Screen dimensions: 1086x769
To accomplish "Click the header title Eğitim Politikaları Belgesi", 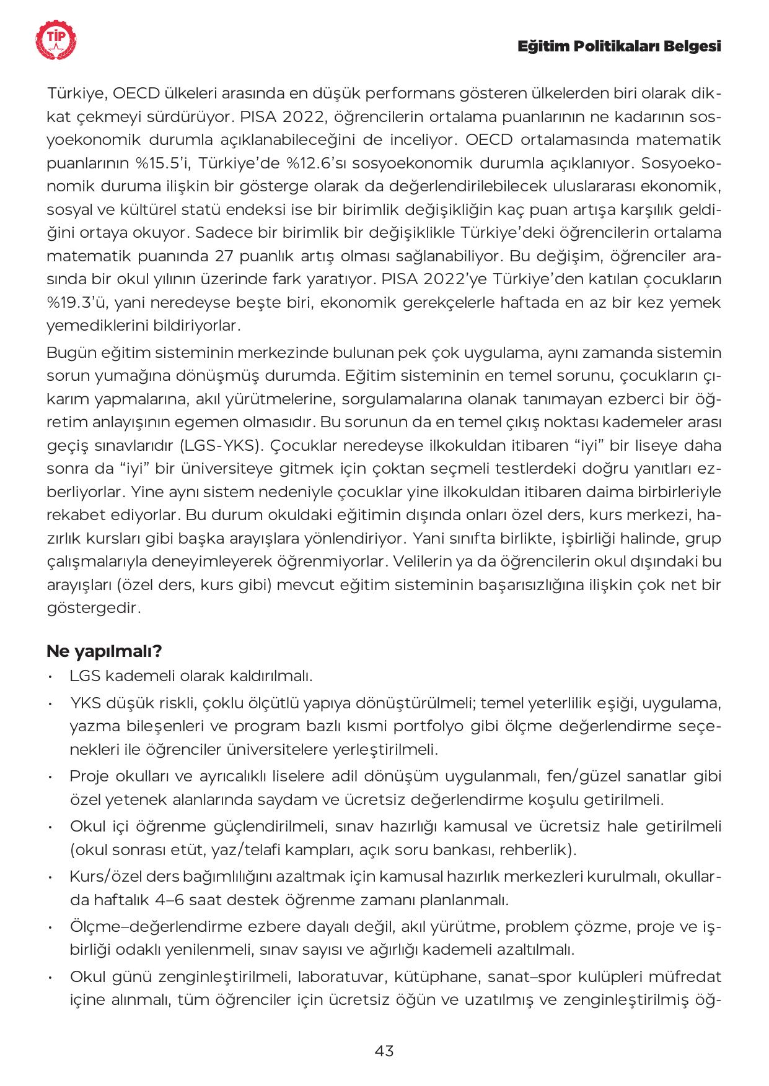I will tap(619, 46).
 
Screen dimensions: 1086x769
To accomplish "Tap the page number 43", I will tap(384, 1051).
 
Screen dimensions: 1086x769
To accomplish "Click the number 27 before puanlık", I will tap(223, 256).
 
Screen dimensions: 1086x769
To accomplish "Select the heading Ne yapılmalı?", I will tap(104, 651).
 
